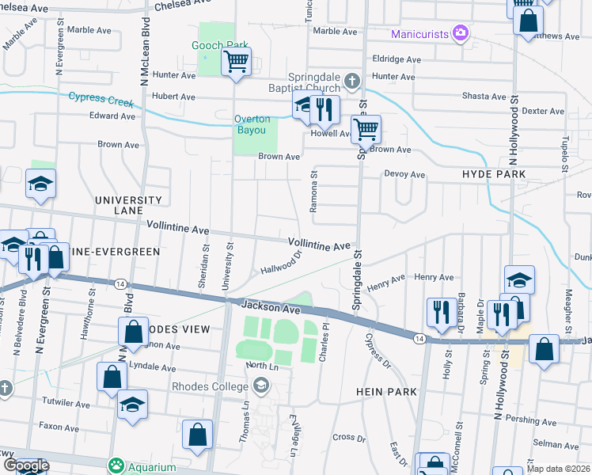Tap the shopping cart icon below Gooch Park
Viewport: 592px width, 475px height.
click(x=236, y=61)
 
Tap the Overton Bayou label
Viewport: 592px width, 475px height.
click(x=252, y=124)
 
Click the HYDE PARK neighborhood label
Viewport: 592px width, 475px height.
click(x=495, y=173)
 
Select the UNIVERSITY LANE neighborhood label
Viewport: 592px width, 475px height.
click(x=128, y=201)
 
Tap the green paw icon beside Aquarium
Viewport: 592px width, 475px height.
click(x=117, y=463)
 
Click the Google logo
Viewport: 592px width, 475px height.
click(x=25, y=465)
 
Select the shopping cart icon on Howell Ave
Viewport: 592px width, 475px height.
click(x=366, y=128)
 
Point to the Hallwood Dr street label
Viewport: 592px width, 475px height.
click(x=282, y=264)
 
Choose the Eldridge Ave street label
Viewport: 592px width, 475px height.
click(x=397, y=59)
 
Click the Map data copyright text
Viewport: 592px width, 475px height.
click(x=558, y=469)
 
